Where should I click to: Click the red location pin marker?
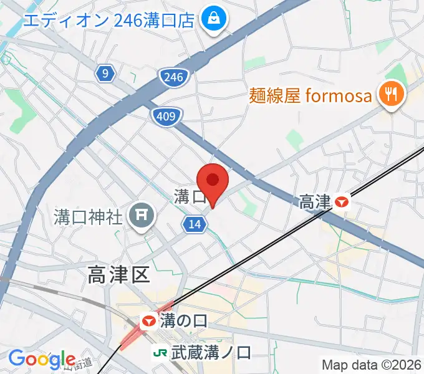[x=213, y=181]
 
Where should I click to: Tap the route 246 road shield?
[x=172, y=77]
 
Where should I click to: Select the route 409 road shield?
[x=167, y=115]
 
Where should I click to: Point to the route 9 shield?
[x=106, y=74]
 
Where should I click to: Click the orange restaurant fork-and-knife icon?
[x=392, y=94]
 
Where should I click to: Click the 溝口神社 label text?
[x=87, y=218]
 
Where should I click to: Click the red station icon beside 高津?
[x=341, y=202]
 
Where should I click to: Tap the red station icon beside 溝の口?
[x=148, y=322]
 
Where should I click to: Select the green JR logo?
[x=160, y=353]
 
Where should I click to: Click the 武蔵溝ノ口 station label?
[x=211, y=353]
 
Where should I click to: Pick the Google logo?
[x=42, y=360]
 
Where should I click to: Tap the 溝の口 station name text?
[x=184, y=322]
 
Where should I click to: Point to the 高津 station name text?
[x=314, y=202]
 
